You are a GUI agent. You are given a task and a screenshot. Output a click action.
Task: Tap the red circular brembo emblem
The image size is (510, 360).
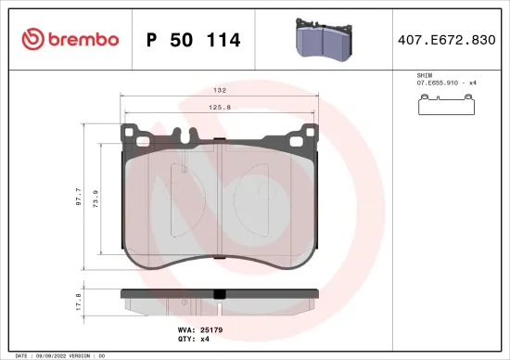click(32, 39)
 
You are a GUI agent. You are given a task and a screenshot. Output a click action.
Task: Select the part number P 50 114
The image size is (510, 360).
click(194, 40)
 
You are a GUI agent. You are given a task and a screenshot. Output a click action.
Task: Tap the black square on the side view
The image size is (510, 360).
click(219, 296)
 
